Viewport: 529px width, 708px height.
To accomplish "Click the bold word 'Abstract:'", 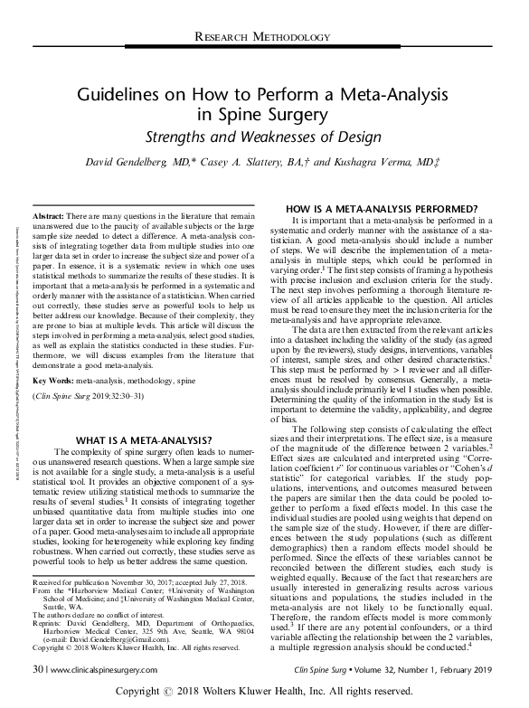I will pos(52,219).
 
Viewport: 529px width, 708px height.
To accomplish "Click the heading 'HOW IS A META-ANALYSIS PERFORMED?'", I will pos(386,208).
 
